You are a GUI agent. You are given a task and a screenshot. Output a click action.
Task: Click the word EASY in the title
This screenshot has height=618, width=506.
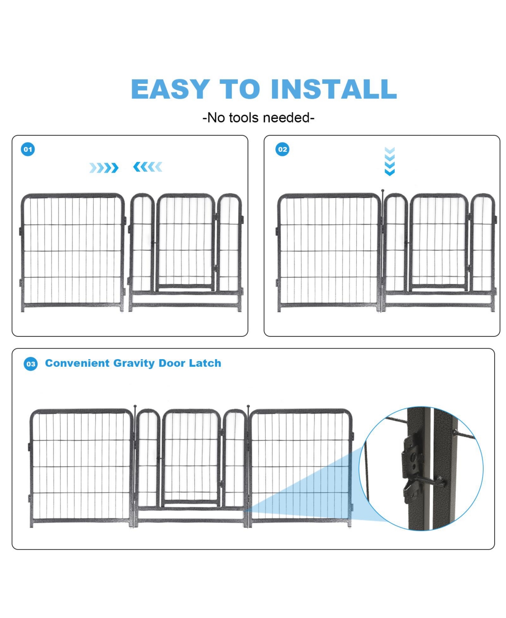(x=170, y=89)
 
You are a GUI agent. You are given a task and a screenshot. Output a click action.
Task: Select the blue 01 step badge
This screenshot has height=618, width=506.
(x=28, y=149)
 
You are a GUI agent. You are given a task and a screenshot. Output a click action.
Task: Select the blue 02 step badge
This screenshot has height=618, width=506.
(x=283, y=149)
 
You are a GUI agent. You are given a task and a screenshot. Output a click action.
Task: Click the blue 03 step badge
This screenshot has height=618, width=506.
(x=31, y=364)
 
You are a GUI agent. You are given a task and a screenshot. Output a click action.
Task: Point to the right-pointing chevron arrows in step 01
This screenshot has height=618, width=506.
(x=104, y=168)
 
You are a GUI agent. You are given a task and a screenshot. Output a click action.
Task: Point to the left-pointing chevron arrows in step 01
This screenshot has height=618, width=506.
(x=148, y=167)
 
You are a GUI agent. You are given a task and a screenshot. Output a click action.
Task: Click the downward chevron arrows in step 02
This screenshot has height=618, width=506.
(x=390, y=161)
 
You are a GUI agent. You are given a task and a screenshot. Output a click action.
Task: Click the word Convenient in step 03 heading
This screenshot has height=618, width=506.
(x=77, y=363)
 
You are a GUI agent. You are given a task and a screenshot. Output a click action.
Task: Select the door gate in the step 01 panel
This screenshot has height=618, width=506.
(x=186, y=242)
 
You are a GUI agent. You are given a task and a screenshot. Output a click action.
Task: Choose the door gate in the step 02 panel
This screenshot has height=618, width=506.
(x=439, y=242)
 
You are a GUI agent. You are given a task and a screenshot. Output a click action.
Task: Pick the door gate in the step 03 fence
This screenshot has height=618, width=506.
(x=191, y=457)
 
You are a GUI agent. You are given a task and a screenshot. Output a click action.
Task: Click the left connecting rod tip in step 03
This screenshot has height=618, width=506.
(x=135, y=407)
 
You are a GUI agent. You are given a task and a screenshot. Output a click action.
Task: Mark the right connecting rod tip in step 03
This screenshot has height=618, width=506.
(x=248, y=407)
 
